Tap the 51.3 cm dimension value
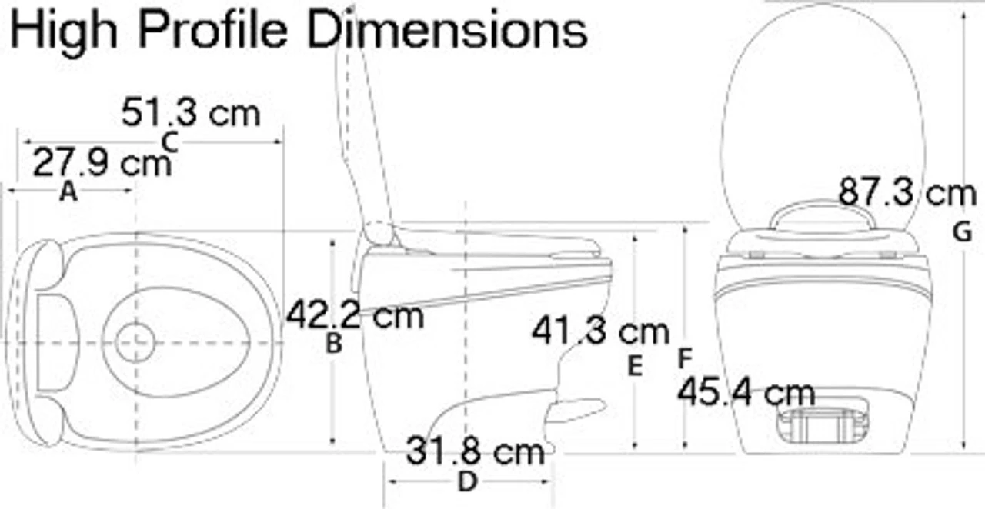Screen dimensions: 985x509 [x=191, y=113]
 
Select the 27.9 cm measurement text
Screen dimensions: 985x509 [x=102, y=163]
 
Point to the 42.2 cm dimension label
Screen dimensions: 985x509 [x=355, y=314]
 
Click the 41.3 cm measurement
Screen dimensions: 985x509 [x=601, y=331]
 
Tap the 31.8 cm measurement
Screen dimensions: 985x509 [x=476, y=451]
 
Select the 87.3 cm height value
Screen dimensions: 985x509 [x=907, y=192]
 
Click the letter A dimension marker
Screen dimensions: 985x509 [x=68, y=192]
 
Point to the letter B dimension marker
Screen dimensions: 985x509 [x=334, y=343]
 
